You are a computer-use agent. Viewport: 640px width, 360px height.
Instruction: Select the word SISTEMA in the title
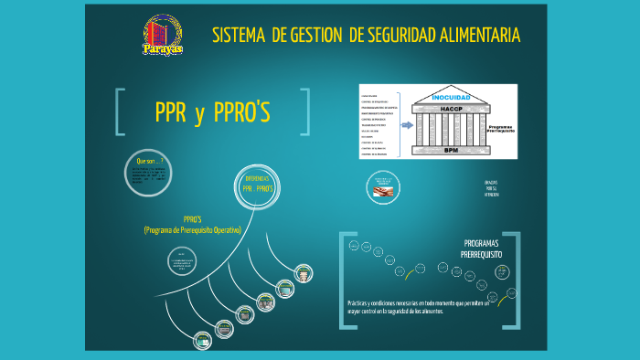tap(239, 36)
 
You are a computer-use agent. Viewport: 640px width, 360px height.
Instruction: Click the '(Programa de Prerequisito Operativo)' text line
tap(192, 230)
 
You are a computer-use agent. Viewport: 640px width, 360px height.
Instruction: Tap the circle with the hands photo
tap(383, 187)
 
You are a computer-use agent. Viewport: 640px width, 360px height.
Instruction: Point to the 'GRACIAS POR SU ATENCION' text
tap(492, 188)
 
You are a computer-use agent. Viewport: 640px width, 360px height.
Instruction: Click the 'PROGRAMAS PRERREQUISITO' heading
tap(482, 249)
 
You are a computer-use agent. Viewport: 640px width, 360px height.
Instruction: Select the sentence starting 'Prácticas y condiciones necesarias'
tap(419, 306)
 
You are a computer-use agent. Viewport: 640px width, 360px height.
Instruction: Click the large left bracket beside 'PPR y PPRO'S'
tap(120, 112)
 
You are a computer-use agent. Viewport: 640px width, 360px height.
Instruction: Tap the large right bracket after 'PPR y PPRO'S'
tap(305, 112)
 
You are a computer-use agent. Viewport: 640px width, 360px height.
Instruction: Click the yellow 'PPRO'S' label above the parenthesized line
tap(192, 219)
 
